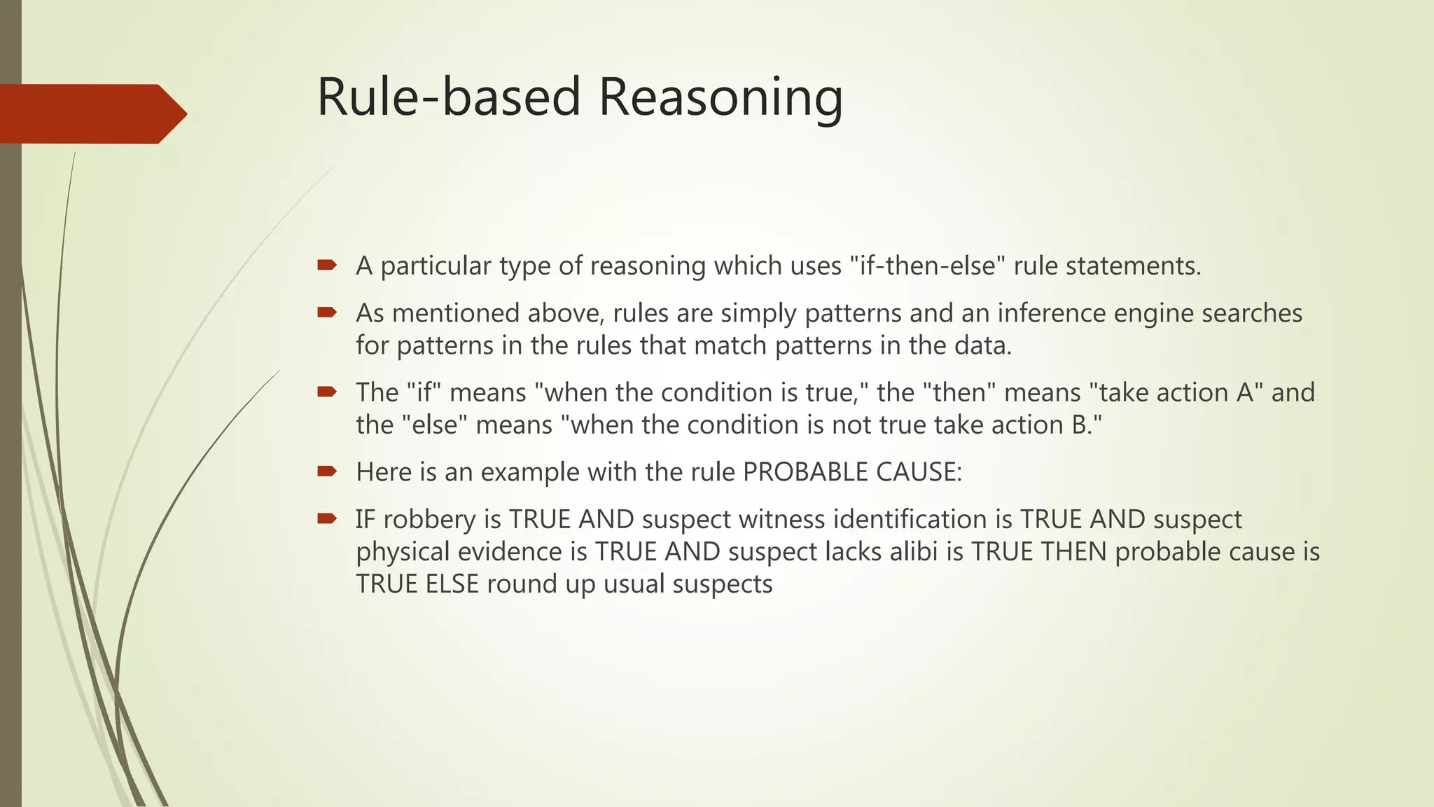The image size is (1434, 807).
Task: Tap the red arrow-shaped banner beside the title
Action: point(91,113)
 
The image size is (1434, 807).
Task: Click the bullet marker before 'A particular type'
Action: point(326,265)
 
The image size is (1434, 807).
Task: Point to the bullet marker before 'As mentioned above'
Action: point(326,312)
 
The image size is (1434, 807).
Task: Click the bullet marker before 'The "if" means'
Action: point(326,392)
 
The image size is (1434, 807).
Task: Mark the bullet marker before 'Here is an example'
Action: point(326,471)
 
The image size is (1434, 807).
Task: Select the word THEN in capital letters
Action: point(1073,552)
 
